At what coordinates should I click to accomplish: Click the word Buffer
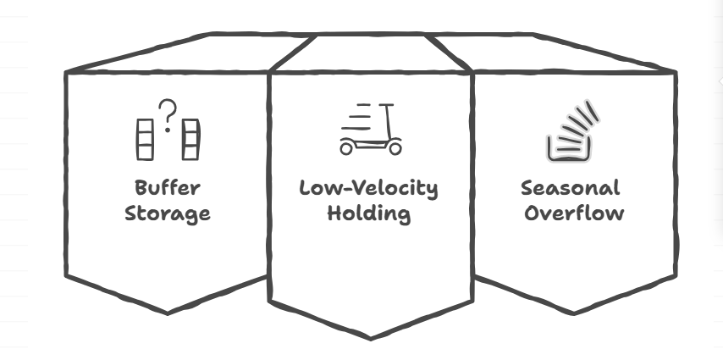(167, 187)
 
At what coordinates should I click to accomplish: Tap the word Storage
(167, 213)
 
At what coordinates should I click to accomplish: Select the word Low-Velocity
(369, 187)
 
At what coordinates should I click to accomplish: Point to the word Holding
(369, 213)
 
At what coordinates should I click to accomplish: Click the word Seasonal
(571, 187)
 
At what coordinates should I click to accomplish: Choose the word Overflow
(573, 212)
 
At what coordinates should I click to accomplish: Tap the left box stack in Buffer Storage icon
(145, 140)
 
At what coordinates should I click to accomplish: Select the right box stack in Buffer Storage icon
(192, 140)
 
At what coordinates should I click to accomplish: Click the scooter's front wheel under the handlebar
(394, 147)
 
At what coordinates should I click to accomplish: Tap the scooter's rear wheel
(347, 148)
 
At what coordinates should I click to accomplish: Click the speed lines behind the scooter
(358, 117)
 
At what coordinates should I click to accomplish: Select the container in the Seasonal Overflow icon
(566, 149)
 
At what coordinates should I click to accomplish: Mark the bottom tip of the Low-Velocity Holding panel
(370, 337)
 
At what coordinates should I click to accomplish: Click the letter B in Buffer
(141, 187)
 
